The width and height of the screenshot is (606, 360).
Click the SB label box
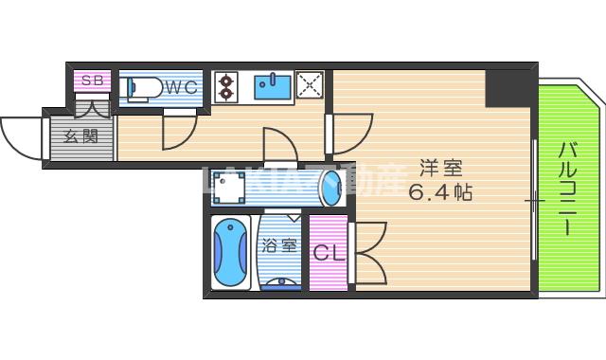tap(92, 81)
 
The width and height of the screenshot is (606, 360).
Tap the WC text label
tap(180, 87)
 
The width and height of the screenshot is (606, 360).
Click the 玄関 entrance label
tap(80, 136)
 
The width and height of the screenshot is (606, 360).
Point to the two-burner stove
tap(227, 87)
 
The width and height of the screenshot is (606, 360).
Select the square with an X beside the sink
tap(310, 86)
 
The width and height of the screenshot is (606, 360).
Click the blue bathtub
tap(229, 254)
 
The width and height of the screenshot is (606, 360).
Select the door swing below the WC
tap(178, 133)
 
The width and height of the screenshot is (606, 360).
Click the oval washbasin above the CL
tap(330, 189)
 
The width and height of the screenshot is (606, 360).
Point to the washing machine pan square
tap(231, 189)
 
